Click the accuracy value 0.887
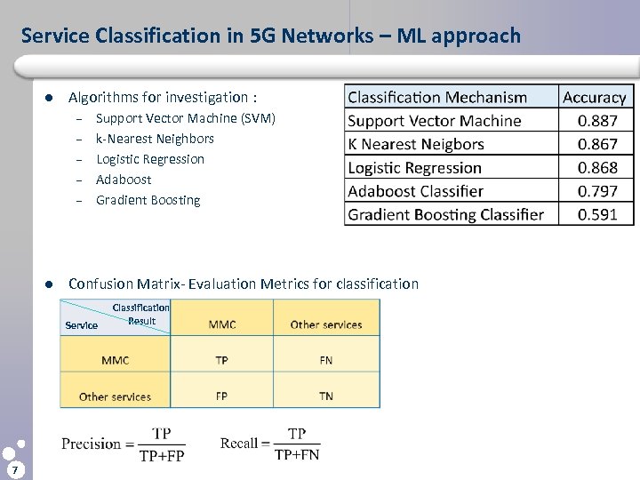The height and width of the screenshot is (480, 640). [x=594, y=121]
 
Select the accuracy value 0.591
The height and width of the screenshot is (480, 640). [x=594, y=214]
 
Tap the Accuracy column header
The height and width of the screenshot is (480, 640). [x=594, y=98]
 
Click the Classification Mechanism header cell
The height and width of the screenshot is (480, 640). [x=436, y=98]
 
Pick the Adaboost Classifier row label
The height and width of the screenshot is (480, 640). [x=415, y=191]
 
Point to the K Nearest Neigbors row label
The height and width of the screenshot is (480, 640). [x=416, y=144]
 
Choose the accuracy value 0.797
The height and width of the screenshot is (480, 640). [x=594, y=191]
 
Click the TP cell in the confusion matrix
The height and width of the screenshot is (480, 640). [x=221, y=361]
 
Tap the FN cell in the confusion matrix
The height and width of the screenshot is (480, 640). [x=325, y=361]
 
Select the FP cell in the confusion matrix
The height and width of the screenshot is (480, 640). [x=221, y=396]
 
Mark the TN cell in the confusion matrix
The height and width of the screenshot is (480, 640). [x=325, y=396]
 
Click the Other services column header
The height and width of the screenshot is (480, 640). [x=326, y=324]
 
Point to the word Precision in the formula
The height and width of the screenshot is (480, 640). [x=92, y=444]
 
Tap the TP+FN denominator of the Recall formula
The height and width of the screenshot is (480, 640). [x=297, y=455]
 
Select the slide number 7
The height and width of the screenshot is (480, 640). [x=15, y=468]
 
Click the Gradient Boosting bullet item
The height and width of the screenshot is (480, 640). [x=148, y=200]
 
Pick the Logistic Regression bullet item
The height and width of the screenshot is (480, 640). [x=150, y=159]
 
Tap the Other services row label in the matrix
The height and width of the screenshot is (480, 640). [x=115, y=396]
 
